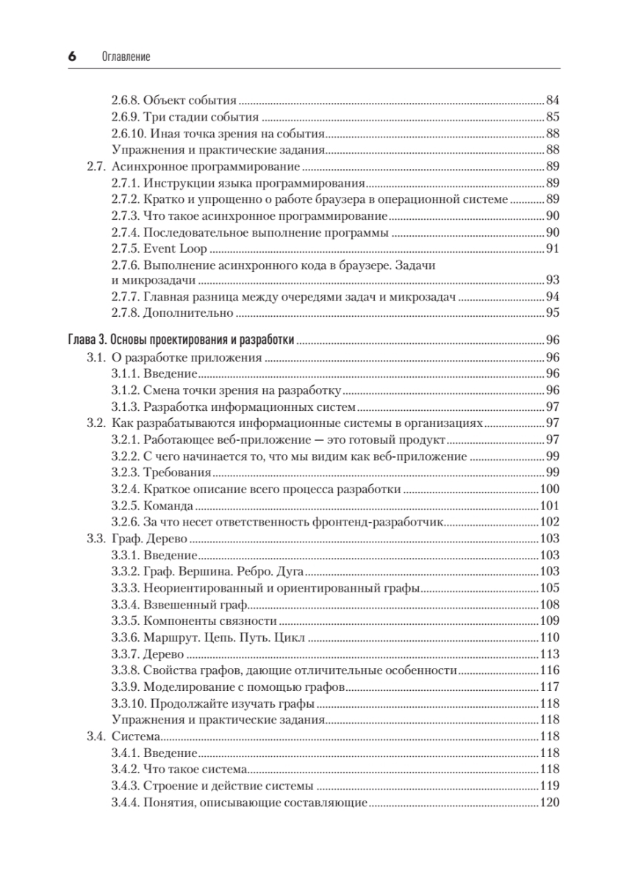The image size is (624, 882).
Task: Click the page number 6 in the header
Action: click(x=72, y=57)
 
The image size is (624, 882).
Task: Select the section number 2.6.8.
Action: click(x=125, y=100)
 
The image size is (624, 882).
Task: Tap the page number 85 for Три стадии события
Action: click(x=553, y=117)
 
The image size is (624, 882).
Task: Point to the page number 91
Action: click(x=553, y=248)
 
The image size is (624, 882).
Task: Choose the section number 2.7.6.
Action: click(x=125, y=265)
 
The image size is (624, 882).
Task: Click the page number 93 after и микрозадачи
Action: click(x=553, y=280)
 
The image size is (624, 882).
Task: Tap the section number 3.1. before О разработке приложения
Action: click(x=97, y=357)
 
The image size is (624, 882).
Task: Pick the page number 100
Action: click(x=550, y=490)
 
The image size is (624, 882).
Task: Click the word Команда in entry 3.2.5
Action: click(x=168, y=506)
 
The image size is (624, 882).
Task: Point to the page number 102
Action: click(x=550, y=523)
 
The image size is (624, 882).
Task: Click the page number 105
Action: click(x=550, y=588)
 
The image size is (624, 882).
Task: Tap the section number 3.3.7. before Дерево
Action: click(x=125, y=654)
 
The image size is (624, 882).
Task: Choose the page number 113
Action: click(x=550, y=654)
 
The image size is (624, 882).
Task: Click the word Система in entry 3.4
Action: click(x=136, y=736)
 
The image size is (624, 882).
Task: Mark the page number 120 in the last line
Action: click(x=550, y=803)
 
